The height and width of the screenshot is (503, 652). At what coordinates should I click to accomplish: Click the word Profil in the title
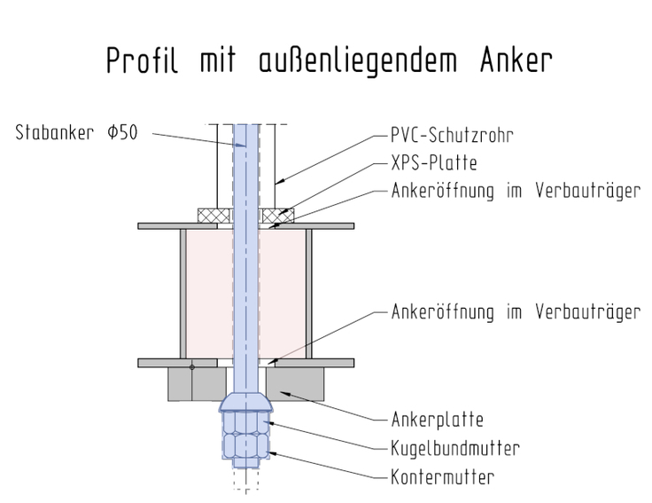[x=143, y=60]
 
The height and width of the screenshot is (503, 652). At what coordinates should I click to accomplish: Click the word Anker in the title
[x=516, y=60]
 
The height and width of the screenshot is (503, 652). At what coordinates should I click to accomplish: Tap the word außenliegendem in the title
[x=358, y=61]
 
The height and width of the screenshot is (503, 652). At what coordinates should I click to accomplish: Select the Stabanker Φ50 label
[x=76, y=132]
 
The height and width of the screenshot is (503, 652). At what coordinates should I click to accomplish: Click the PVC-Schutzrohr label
[x=452, y=135]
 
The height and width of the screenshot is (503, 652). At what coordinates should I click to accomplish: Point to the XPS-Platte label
[x=434, y=163]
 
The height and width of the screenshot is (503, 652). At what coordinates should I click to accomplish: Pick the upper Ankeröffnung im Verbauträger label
[x=516, y=191]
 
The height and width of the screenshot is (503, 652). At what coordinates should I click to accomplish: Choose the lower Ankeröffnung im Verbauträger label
[x=516, y=312]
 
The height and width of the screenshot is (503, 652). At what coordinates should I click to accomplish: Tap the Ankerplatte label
[x=437, y=420]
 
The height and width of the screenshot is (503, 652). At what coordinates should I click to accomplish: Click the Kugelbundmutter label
[x=455, y=449]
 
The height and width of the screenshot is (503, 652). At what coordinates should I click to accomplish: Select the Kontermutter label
[x=442, y=477]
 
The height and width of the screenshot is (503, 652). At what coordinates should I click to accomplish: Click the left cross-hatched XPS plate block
[x=213, y=216]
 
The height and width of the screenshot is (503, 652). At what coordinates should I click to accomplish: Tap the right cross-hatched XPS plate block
[x=278, y=216]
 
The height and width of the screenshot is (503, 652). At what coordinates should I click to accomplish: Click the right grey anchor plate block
[x=295, y=384]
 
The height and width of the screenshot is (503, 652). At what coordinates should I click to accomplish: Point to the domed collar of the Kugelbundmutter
[x=246, y=402]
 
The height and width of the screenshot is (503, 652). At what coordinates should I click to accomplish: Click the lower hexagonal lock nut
[x=246, y=446]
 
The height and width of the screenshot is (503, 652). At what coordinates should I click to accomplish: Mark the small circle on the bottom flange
[x=191, y=367]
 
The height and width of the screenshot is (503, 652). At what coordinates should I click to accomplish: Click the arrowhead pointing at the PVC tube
[x=280, y=181]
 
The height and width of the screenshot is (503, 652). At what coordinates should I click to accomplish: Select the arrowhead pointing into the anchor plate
[x=285, y=393]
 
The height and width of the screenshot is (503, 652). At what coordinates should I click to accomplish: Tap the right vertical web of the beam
[x=308, y=294]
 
